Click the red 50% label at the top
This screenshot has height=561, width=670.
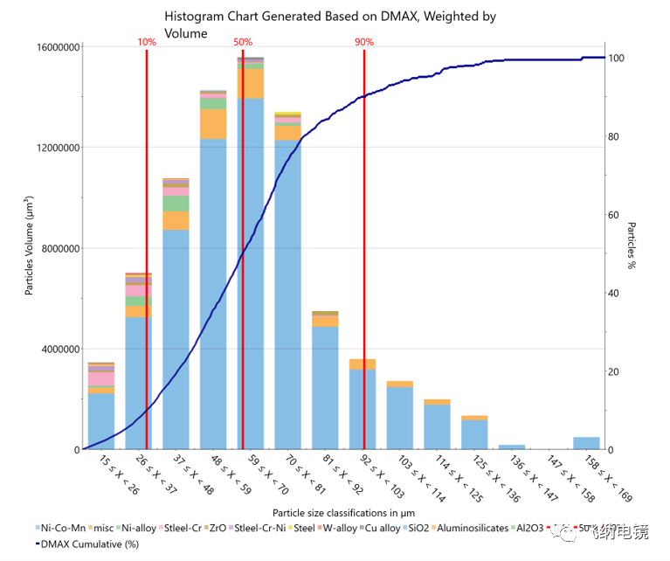click(243, 42)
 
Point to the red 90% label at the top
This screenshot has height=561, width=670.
click(364, 42)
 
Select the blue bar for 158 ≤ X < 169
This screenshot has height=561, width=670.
click(586, 443)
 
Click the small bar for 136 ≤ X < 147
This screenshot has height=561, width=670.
click(512, 447)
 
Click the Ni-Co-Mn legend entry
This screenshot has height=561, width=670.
click(63, 529)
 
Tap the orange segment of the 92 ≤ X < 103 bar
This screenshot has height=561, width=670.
click(363, 364)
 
